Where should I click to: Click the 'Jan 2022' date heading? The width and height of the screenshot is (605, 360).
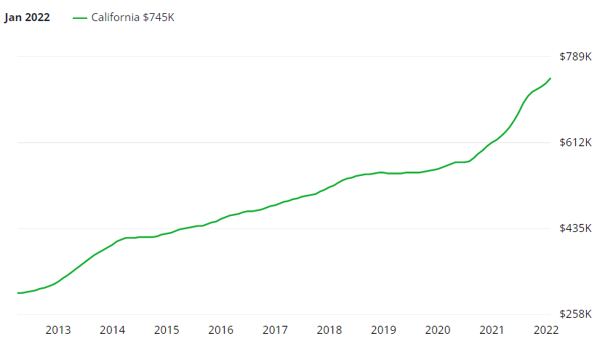(27, 17)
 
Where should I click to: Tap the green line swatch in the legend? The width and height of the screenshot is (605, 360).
(80, 17)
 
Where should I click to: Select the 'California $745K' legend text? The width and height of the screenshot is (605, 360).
(132, 17)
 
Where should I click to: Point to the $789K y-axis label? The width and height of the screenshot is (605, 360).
(574, 57)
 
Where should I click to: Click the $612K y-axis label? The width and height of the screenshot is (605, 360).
(574, 143)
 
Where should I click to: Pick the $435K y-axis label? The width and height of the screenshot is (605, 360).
(574, 228)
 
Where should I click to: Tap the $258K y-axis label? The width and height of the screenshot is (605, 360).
(574, 314)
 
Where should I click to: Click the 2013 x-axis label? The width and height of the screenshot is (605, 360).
(58, 330)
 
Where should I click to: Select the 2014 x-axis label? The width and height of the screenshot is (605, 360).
(112, 330)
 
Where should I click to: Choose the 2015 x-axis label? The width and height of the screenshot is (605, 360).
(167, 330)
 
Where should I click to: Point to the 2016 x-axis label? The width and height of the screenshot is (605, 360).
(220, 330)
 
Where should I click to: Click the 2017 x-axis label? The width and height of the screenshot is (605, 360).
(275, 330)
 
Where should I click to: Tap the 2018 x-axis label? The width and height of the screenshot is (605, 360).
(329, 330)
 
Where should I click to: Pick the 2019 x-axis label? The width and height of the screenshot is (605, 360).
(383, 330)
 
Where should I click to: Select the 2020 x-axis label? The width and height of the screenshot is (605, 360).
(438, 330)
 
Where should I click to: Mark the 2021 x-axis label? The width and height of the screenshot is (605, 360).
(492, 330)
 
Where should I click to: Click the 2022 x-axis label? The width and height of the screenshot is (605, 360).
(546, 330)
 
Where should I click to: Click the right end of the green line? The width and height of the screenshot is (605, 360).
(550, 78)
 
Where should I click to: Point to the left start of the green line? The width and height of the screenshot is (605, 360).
(17, 292)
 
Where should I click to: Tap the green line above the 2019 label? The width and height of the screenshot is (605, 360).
(383, 172)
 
